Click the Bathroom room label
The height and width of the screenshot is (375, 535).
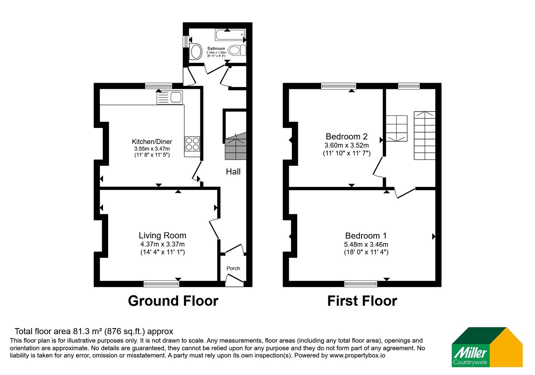[x=216, y=49]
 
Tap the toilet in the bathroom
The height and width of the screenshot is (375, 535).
[x=237, y=50]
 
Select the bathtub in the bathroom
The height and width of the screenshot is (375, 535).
[x=230, y=35]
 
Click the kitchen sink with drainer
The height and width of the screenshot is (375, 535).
[x=170, y=97]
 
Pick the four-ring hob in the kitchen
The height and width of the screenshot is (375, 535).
[x=192, y=144]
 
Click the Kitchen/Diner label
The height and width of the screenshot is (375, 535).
[x=152, y=142]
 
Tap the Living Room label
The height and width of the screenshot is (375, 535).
[x=163, y=235]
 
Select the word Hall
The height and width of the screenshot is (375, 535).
[x=233, y=171]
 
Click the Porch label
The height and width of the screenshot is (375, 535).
[x=233, y=268]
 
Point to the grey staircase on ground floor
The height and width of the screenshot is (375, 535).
[x=235, y=146]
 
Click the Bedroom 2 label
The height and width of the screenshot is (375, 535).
[x=346, y=136]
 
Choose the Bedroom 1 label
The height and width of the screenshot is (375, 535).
[x=366, y=236]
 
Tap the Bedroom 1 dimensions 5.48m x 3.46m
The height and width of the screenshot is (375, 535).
[x=366, y=244]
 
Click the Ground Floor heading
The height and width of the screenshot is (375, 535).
[x=173, y=301]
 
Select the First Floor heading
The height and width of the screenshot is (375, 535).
[x=362, y=301]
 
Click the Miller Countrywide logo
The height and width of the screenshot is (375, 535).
[x=487, y=347]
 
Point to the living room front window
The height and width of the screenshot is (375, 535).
[x=162, y=284]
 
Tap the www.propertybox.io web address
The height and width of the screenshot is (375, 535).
[x=357, y=355]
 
